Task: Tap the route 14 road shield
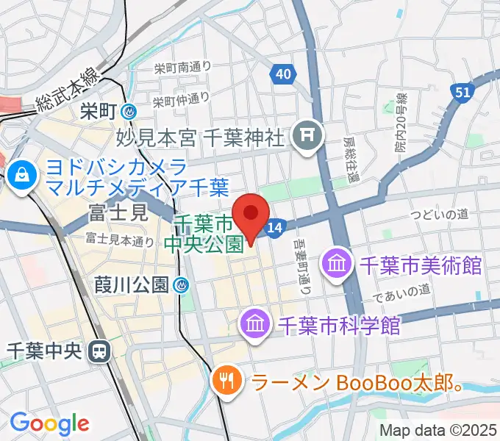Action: point(274,229)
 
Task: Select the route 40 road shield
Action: point(282,73)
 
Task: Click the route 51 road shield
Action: point(462,92)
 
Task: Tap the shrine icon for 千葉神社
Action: point(303,135)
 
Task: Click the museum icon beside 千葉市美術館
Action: point(337,264)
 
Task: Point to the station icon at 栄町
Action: point(129,112)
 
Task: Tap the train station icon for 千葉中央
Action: point(97,351)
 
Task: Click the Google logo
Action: point(50,423)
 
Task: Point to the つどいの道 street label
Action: point(440,214)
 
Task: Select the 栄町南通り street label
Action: point(182,68)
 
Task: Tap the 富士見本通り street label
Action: point(120,239)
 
